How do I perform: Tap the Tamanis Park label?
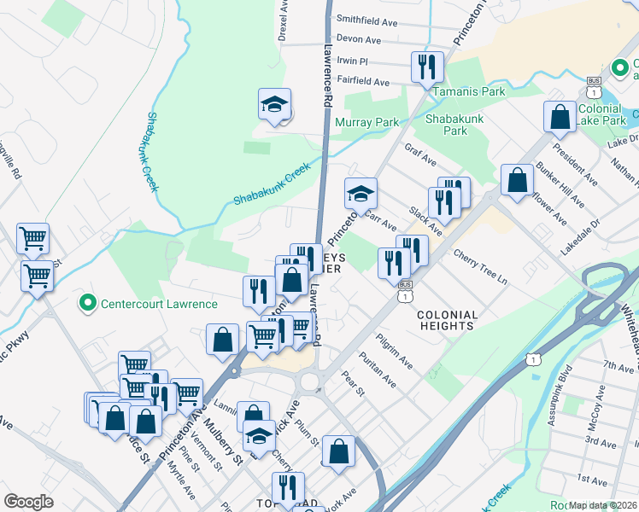click(x=469, y=91)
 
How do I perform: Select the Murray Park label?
click(x=366, y=123)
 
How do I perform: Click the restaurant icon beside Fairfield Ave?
click(x=425, y=67)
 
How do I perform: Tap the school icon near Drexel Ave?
click(x=275, y=105)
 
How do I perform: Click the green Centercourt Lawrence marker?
click(x=86, y=302)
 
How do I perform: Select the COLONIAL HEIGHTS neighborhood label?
click(x=445, y=320)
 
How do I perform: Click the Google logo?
click(x=28, y=502)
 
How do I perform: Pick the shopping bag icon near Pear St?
click(x=338, y=451)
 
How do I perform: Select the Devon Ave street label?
click(x=359, y=40)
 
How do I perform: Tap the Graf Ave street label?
click(x=420, y=160)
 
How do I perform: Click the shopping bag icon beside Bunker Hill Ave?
click(x=517, y=180)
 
